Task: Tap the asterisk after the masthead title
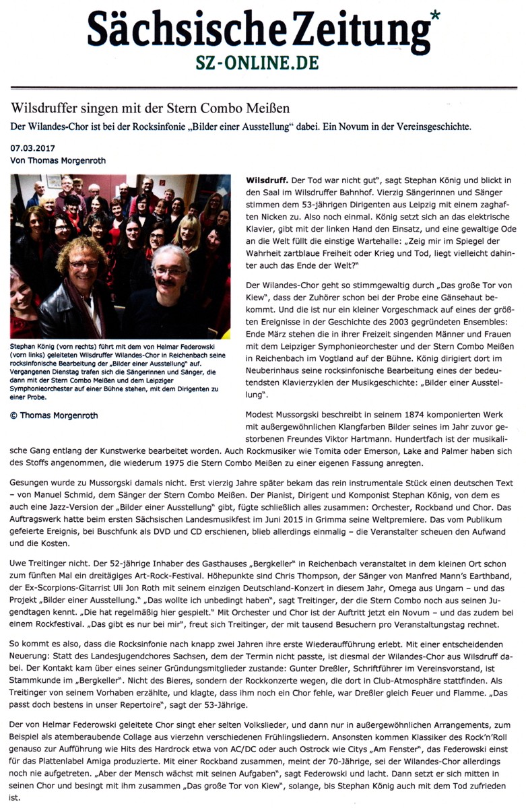[x=435, y=15]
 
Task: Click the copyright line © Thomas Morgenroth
[x=54, y=415]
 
